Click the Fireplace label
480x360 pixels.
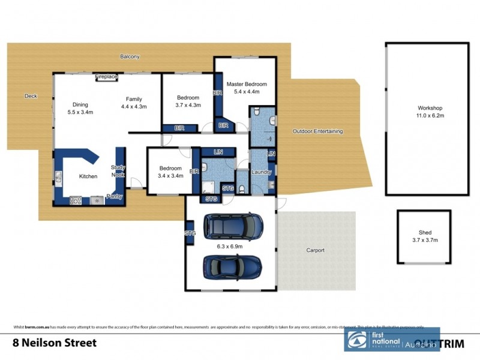coord(106,77)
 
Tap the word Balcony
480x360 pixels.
coord(130,57)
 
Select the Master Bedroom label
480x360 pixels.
coord(246,85)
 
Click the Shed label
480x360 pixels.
coord(425,232)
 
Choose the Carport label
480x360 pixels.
coord(315,250)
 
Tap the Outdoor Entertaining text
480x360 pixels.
coord(317,131)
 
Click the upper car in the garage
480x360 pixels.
coord(233,226)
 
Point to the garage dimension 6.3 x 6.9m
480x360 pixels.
coord(230,245)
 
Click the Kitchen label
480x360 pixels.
coord(89,176)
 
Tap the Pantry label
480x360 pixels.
coord(114,196)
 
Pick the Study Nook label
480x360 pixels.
coord(118,171)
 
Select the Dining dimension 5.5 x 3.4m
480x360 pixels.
coord(80,112)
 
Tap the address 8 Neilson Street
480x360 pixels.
coord(53,343)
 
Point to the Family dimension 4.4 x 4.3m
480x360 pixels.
coord(134,106)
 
